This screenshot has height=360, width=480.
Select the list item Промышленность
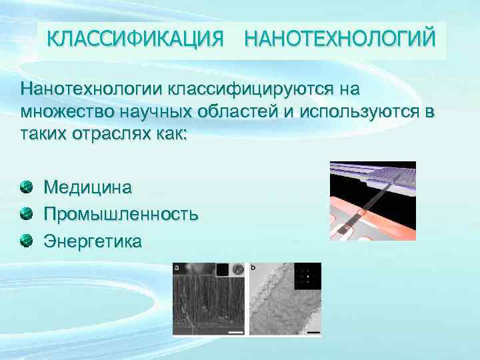click(x=121, y=214)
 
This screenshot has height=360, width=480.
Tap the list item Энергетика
click(x=93, y=241)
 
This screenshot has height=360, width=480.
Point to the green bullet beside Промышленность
click(x=25, y=213)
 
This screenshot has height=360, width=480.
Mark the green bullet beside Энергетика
click(x=25, y=240)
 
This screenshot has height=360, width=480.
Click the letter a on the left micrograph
click(x=177, y=269)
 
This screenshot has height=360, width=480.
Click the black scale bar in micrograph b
click(x=313, y=331)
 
